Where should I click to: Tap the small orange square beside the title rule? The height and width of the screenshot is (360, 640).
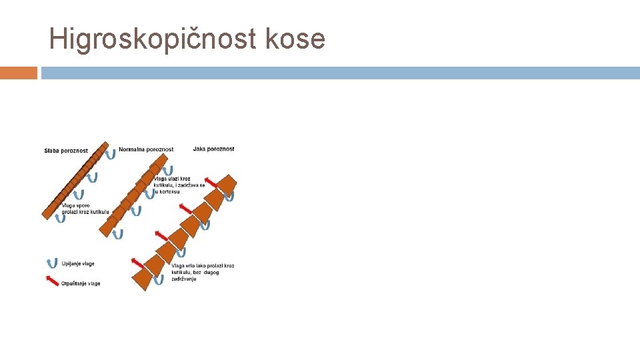(18, 73)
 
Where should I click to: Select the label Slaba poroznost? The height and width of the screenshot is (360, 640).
(66, 151)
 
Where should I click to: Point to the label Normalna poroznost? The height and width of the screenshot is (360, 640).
(146, 149)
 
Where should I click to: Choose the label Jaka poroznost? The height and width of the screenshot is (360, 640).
(213, 149)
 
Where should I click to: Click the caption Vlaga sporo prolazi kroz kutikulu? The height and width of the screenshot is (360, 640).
(85, 209)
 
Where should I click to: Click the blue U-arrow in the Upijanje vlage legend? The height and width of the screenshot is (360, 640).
(51, 263)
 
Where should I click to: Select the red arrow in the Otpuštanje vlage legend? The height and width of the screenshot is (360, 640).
(51, 281)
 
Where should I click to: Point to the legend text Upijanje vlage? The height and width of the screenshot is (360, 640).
(78, 264)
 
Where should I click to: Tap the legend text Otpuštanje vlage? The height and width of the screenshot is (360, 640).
(81, 283)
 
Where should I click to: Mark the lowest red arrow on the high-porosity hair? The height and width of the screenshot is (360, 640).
(138, 261)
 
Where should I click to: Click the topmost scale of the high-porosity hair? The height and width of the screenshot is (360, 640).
(227, 184)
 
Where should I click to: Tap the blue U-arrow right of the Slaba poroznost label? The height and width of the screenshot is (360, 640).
(111, 154)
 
